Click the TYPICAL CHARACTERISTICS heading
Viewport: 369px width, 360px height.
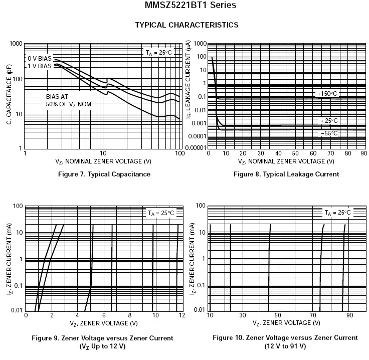pos(187,25)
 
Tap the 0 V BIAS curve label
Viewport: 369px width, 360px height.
pos(40,58)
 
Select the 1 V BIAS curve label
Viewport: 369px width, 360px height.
pos(40,66)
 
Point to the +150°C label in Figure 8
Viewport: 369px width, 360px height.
pos(327,94)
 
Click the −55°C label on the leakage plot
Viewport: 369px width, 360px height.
pos(329,133)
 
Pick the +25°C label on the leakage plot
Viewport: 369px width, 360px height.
pos(329,121)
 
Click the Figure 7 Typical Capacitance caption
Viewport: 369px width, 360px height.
pos(104,174)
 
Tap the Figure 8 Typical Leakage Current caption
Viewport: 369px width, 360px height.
pos(286,174)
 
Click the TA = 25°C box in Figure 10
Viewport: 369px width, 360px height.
pos(338,213)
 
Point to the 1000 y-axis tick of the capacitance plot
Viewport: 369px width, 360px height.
pos(17,44)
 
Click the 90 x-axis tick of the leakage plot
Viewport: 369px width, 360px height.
pos(363,153)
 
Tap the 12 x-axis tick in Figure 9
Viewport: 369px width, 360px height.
pos(180,315)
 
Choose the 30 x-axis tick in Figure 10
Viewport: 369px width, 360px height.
pos(243,315)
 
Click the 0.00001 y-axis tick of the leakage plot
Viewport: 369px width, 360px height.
pos(196,148)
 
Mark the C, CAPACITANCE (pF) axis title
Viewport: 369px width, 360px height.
pos(8,95)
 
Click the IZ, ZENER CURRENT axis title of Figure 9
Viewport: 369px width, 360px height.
pos(8,258)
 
